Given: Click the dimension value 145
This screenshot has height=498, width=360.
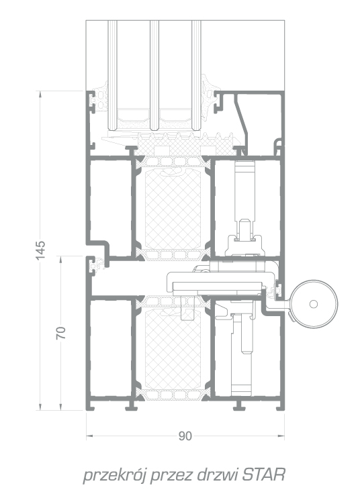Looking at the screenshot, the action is [x=40, y=250].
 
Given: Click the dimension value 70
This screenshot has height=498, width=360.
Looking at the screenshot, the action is [x=61, y=332].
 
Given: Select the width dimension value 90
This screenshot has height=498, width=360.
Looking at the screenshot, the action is [x=185, y=436].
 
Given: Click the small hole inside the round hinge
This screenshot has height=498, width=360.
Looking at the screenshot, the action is [x=313, y=304].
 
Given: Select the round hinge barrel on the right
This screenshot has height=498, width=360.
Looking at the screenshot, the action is [x=314, y=304].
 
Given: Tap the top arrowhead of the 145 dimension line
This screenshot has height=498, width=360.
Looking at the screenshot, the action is [x=40, y=94].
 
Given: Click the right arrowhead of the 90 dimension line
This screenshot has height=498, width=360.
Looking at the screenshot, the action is [x=281, y=436].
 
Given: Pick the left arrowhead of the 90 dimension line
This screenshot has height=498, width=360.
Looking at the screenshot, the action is [x=89, y=436].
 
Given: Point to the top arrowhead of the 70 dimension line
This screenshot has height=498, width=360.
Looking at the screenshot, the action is [x=61, y=259].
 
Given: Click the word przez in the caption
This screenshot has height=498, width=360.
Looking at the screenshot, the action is [x=171, y=476].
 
